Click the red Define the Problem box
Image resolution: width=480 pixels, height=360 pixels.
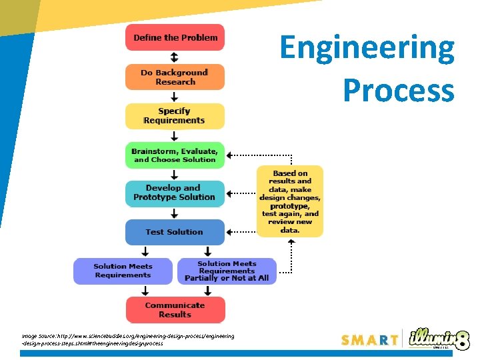[175, 37]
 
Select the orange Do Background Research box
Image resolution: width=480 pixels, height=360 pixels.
[175, 77]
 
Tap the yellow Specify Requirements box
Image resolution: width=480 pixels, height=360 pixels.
[175, 116]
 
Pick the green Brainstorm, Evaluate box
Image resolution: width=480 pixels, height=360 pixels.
[175, 155]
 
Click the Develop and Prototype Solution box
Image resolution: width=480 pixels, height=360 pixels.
[175, 193]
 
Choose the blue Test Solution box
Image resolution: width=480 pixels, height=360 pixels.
[175, 232]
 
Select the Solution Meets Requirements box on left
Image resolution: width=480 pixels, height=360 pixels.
[123, 271]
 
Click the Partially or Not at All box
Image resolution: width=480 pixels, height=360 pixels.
[227, 271]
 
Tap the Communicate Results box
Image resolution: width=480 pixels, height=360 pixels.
[175, 310]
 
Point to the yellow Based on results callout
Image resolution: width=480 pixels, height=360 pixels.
[290, 201]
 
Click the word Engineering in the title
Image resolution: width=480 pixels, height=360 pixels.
[367, 49]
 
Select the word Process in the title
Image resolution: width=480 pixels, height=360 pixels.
[398, 90]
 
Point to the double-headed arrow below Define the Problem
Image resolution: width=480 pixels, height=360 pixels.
[175, 57]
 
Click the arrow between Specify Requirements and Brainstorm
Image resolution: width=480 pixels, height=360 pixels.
[175, 135]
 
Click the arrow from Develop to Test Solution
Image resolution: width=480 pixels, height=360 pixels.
[175, 213]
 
